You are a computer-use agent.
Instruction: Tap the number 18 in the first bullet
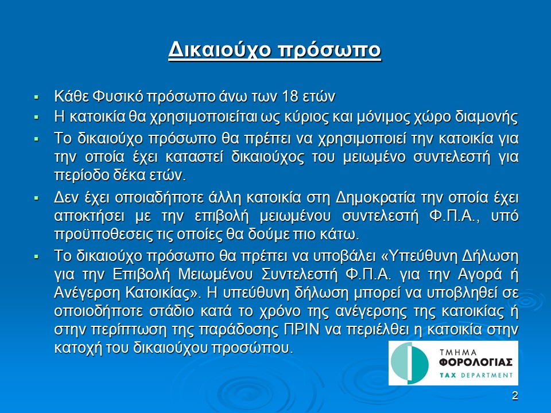tap(290, 96)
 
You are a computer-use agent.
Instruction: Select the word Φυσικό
tap(118, 96)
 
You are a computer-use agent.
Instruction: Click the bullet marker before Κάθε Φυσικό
tap(36, 96)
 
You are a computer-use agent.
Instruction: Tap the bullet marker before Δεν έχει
tap(36, 198)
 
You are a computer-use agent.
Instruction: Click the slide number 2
tap(515, 396)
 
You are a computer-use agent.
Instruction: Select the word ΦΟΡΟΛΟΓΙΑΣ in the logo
tap(475, 362)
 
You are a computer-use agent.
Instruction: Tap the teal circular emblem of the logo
tap(410, 363)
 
